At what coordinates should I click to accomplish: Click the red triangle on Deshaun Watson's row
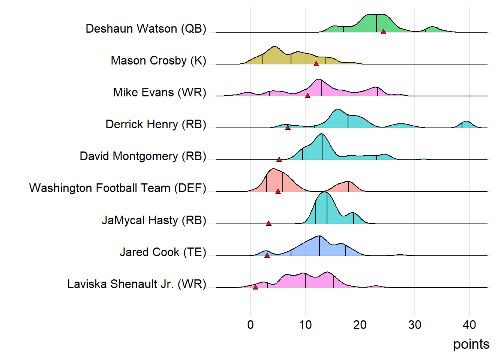click(383, 32)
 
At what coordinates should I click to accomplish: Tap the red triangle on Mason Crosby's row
click(316, 64)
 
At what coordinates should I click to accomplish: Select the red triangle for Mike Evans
click(307, 96)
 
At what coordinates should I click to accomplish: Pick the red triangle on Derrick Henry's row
click(288, 127)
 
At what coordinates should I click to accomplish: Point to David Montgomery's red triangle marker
click(279, 159)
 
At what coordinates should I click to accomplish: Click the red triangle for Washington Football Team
click(278, 191)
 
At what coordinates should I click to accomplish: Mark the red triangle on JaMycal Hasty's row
click(268, 223)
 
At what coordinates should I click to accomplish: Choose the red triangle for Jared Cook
click(267, 255)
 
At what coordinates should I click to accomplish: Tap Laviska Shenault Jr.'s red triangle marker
click(255, 287)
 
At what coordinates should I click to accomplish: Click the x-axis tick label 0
click(250, 325)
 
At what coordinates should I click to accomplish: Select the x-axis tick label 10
click(305, 325)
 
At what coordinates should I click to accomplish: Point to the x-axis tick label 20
click(360, 325)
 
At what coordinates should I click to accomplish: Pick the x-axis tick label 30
click(415, 325)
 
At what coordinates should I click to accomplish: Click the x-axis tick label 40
click(469, 325)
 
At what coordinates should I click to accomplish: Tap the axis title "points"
click(471, 344)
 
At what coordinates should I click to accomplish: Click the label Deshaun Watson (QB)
click(146, 28)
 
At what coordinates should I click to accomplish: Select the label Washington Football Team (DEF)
click(118, 188)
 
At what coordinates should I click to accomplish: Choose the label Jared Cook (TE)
click(163, 252)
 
